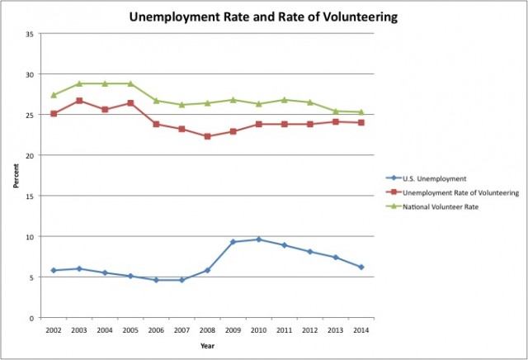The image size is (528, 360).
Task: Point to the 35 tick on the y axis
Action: tap(30, 34)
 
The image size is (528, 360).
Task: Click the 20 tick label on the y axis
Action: tap(30, 155)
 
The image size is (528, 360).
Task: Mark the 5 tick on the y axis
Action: tap(31, 277)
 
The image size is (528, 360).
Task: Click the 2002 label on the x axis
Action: tap(54, 330)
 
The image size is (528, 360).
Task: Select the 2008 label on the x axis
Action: tap(208, 330)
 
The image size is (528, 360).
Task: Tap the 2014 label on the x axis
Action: tap(361, 330)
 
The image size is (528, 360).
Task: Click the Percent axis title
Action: tap(15, 176)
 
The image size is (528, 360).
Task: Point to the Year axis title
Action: tap(208, 345)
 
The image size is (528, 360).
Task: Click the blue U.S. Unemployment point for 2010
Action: tap(259, 239)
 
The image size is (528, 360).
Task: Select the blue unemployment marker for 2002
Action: tap(54, 270)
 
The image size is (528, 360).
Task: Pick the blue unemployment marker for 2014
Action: tap(361, 267)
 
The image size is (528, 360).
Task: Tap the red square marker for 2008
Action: tap(208, 136)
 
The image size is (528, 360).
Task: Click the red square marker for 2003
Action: tap(79, 101)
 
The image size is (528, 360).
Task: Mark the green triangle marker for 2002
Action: tap(54, 95)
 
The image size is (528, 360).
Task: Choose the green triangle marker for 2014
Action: tap(361, 112)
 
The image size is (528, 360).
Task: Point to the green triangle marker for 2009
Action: tap(233, 100)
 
